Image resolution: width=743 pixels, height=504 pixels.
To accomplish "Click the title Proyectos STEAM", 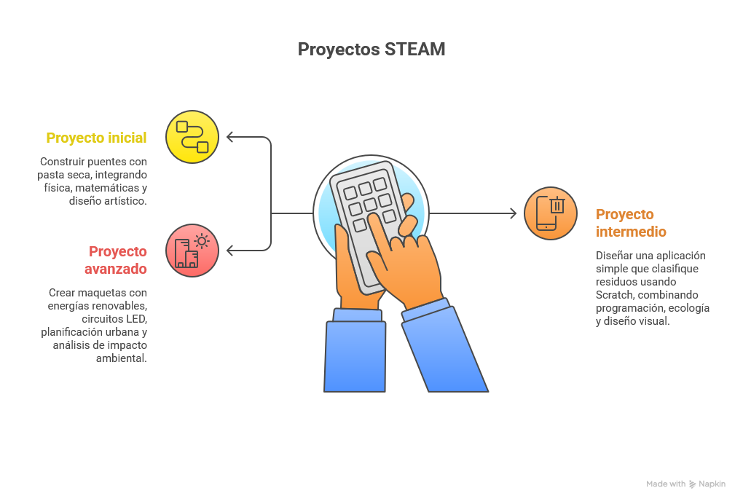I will tap(371, 50).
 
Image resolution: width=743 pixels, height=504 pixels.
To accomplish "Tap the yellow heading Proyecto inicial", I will tap(96, 138).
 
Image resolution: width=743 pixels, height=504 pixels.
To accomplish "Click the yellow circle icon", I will tap(192, 136).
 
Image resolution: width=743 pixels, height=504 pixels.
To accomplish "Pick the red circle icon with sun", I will tap(192, 250).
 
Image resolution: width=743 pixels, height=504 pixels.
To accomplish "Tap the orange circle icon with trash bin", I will tap(551, 213).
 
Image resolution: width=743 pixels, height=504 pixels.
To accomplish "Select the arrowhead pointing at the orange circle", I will tap(512, 213).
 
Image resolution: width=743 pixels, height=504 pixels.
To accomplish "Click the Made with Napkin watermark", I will tap(685, 484).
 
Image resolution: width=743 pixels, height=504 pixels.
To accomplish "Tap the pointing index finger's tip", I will tap(372, 217).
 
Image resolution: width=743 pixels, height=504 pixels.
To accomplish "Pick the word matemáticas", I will tap(105, 188).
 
